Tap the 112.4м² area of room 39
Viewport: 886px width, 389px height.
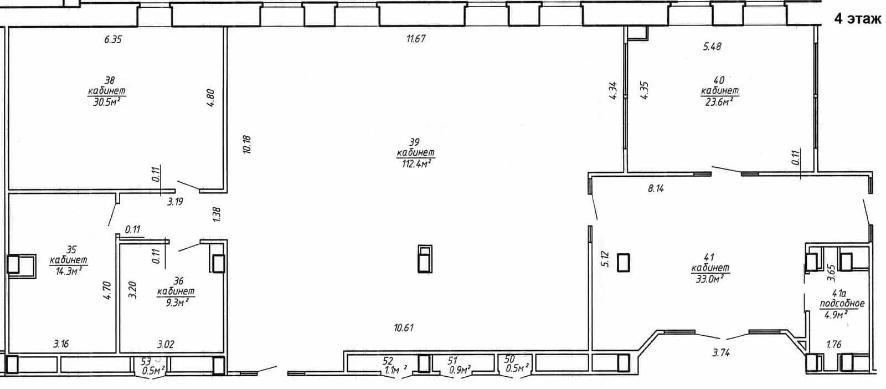tap(416, 163)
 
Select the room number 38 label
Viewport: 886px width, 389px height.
tap(110, 80)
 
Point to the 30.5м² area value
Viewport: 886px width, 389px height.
tap(106, 102)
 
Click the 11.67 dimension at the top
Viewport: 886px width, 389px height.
tap(416, 38)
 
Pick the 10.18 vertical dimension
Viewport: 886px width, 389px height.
tap(247, 145)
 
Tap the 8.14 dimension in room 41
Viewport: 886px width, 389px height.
tap(656, 188)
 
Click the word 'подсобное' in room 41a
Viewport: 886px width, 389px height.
tap(842, 304)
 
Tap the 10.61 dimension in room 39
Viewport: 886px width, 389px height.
tap(404, 327)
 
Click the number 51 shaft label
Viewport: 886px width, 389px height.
tap(452, 361)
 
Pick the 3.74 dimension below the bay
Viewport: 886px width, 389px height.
tap(721, 352)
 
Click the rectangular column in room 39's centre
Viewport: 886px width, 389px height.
tap(425, 259)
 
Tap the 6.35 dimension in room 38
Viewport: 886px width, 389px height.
tap(113, 39)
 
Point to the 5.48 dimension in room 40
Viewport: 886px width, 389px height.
tap(712, 47)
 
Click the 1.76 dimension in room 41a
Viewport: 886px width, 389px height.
tap(834, 344)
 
